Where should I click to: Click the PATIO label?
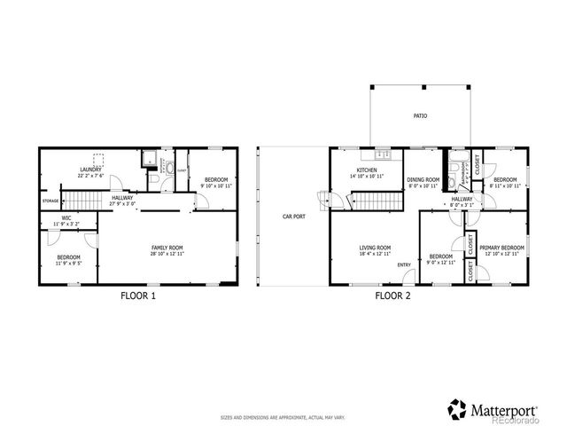click(x=419, y=116)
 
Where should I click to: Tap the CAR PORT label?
click(x=294, y=216)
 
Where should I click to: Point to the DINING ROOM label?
click(x=423, y=178)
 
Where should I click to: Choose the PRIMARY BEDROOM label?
click(x=501, y=248)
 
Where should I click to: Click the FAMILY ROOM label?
click(x=167, y=248)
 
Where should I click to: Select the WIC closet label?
click(x=66, y=217)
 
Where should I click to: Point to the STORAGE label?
click(x=50, y=201)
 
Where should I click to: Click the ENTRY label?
click(x=404, y=264)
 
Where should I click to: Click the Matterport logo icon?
click(x=457, y=408)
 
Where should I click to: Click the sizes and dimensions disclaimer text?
click(x=283, y=416)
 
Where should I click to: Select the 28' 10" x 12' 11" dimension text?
click(x=167, y=254)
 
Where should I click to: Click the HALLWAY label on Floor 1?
click(x=122, y=198)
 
